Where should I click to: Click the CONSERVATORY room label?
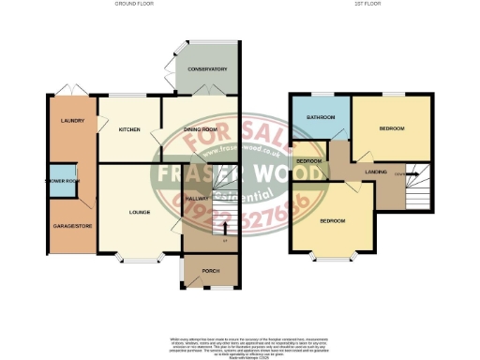coord(207,69)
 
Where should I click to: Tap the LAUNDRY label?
coord(72,121)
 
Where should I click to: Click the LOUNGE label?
coord(141,213)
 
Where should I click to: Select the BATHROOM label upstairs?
coord(320,117)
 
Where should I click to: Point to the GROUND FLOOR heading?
coord(134,5)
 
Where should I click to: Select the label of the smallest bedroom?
coord(308,161)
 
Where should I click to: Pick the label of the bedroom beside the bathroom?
coord(392,128)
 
